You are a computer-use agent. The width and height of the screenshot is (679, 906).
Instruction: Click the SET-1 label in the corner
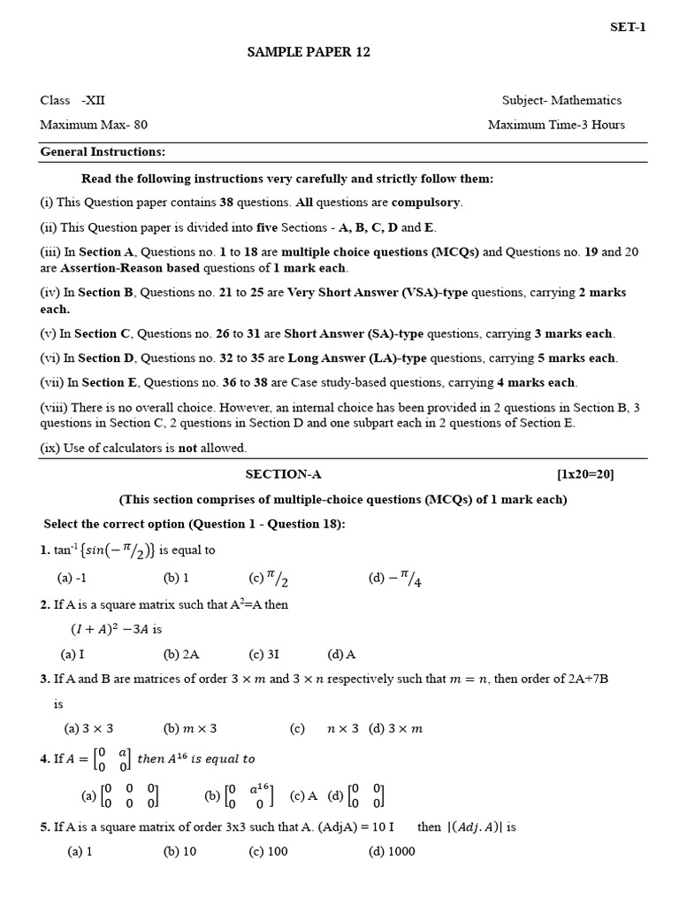click(628, 27)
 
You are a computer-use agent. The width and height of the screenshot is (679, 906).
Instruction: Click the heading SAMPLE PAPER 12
click(309, 52)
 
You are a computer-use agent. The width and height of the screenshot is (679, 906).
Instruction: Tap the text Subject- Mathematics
click(561, 100)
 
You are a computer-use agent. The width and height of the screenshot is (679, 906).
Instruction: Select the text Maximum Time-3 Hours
click(556, 125)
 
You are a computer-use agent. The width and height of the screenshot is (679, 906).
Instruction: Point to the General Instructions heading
click(103, 152)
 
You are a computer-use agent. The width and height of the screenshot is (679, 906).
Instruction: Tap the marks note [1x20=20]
click(584, 474)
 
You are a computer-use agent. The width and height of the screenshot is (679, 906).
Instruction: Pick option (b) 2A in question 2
click(181, 655)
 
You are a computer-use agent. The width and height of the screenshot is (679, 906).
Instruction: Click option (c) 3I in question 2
click(264, 655)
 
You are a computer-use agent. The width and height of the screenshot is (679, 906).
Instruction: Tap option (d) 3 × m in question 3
click(396, 729)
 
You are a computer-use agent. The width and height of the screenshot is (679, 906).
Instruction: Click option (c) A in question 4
click(303, 795)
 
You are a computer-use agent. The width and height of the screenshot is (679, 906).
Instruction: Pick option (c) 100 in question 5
click(268, 851)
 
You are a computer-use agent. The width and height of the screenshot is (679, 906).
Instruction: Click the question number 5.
click(44, 827)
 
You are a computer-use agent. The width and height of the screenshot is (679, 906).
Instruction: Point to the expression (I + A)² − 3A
click(111, 630)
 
